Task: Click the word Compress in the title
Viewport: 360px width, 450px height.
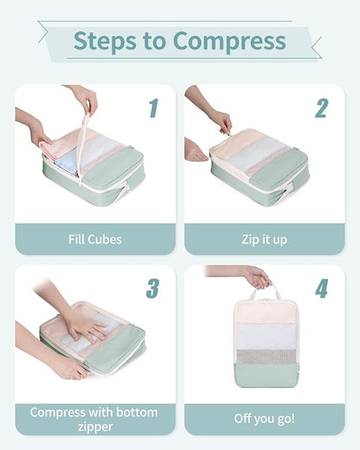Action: pyautogui.click(x=229, y=41)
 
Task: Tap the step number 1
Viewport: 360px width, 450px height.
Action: pyautogui.click(x=153, y=108)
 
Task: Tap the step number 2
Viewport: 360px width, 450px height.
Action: pyautogui.click(x=321, y=108)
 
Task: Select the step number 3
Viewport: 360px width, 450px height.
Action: pyautogui.click(x=153, y=289)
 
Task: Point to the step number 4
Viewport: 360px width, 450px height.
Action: pyautogui.click(x=321, y=289)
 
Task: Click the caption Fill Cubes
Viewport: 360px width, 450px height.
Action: pyautogui.click(x=94, y=239)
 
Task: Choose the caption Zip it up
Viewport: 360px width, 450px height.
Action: pyautogui.click(x=264, y=239)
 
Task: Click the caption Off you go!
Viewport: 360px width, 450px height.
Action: pyautogui.click(x=264, y=419)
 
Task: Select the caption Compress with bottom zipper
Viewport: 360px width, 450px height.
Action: pyautogui.click(x=94, y=419)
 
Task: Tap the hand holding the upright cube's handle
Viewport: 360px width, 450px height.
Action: pyautogui.click(x=257, y=278)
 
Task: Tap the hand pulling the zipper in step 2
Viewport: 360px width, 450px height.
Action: pyautogui.click(x=220, y=119)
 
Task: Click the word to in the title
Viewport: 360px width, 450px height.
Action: pyautogui.click(x=156, y=41)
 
